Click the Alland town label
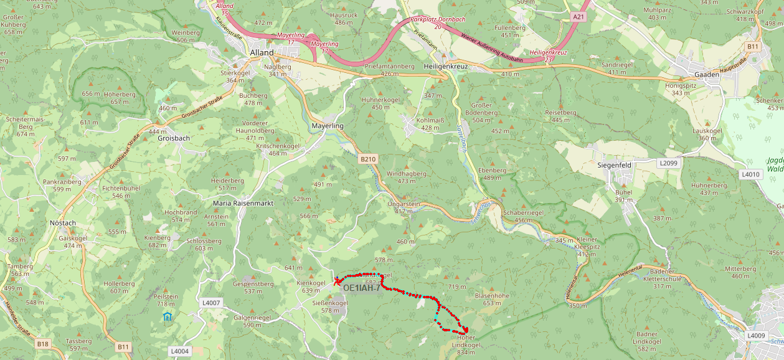click(261, 53)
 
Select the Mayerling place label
click(327, 126)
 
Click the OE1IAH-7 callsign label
click(361, 288)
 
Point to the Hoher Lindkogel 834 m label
click(466, 345)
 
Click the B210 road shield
click(368, 159)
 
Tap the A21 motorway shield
click(579, 17)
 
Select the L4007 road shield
click(212, 303)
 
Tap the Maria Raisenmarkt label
click(243, 203)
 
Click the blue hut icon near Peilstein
click(166, 316)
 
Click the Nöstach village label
click(62, 222)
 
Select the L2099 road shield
click(668, 163)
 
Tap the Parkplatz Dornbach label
click(438, 20)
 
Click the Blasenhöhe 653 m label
click(492, 299)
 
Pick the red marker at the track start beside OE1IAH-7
click(337, 281)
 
